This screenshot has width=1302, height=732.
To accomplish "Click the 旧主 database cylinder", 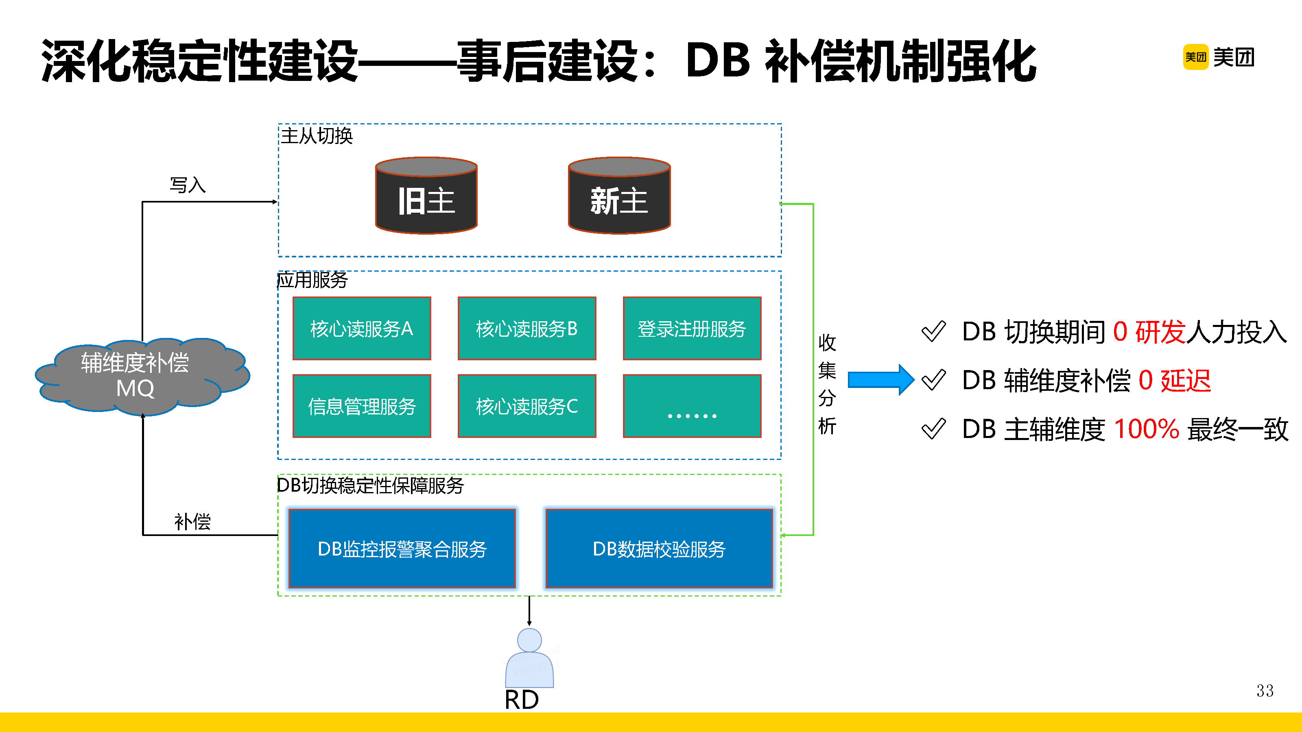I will [x=426, y=196].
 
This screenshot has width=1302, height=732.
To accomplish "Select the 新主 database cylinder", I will [x=619, y=196].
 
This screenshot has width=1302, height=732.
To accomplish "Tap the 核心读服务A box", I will [x=362, y=328].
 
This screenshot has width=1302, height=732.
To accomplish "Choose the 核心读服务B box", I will [x=526, y=328].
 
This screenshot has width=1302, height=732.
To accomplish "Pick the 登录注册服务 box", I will [x=692, y=328].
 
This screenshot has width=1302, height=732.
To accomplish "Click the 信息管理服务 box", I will [x=362, y=406].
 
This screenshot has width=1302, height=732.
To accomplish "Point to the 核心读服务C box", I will [x=526, y=406].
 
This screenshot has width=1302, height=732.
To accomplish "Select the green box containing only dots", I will [x=692, y=406].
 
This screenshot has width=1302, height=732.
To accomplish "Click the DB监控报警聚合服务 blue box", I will [x=402, y=549].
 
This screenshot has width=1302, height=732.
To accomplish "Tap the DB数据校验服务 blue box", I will [x=659, y=549].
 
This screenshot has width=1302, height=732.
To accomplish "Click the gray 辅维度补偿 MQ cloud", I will [x=135, y=376].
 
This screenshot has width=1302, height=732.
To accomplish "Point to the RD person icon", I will [x=529, y=658].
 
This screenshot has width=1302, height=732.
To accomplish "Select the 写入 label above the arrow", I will [x=188, y=185].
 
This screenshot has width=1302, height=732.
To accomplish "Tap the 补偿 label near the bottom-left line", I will [x=192, y=521].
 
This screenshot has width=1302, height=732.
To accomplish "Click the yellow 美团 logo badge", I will [x=1195, y=57].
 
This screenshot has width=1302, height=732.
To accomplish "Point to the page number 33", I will [x=1265, y=691].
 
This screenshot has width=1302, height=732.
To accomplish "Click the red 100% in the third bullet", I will [x=1146, y=429].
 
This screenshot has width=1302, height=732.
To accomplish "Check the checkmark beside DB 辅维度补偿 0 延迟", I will [x=933, y=380].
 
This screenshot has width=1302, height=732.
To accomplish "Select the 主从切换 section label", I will [x=317, y=136].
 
